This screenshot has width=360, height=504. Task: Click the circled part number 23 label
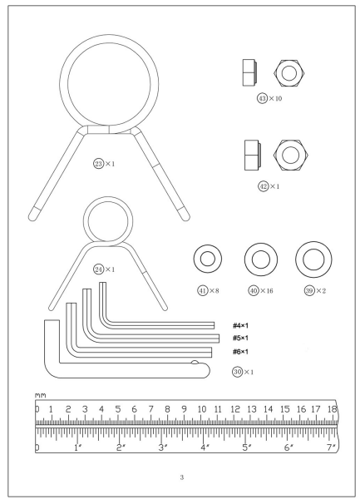coord(98,164)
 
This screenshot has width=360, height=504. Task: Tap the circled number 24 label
coord(98,269)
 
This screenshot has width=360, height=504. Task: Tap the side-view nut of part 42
coord(253,155)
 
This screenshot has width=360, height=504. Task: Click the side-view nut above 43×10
coord(249,72)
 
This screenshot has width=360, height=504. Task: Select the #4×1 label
coord(240,326)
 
